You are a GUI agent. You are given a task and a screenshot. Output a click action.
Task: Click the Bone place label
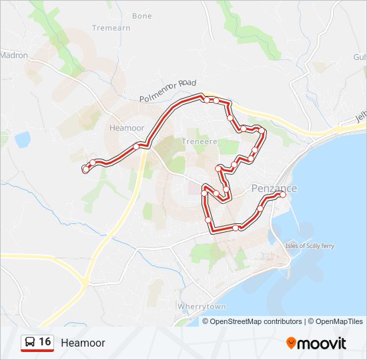click(142, 16)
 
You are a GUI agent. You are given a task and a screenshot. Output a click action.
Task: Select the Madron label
click(15, 55)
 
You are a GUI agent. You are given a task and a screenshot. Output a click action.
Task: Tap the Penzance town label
click(274, 189)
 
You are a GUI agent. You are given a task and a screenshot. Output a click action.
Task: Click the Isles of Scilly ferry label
click(310, 246)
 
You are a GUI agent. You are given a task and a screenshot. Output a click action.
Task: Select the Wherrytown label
click(202, 306)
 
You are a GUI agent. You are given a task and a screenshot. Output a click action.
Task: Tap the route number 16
click(45, 342)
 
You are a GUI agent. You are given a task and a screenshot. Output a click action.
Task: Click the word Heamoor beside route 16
click(83, 343)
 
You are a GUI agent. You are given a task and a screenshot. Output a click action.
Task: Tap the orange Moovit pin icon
click(291, 343)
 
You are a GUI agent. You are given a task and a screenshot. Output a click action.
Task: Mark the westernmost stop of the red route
click(85, 170)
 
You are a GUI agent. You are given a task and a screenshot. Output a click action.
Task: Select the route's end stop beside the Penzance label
click(284, 194)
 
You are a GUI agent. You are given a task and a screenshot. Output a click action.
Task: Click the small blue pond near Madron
click(22, 139)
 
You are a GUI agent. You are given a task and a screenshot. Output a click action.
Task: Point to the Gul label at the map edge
click(360, 58)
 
